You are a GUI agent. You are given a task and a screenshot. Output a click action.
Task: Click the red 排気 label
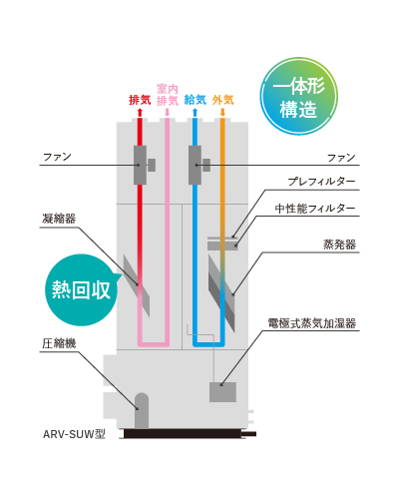[x=140, y=100]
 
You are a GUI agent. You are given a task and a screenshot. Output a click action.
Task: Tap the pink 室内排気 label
[x=168, y=95]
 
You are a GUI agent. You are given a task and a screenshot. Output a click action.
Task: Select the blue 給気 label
[x=196, y=100]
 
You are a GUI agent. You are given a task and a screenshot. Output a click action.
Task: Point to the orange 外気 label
[x=222, y=100]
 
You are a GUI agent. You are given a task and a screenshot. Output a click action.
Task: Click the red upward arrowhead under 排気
[x=140, y=112]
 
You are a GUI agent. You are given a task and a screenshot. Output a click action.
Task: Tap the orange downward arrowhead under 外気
[x=222, y=113]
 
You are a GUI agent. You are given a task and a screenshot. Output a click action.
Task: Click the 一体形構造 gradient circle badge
[x=298, y=96]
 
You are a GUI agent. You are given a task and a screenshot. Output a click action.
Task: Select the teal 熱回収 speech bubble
[x=81, y=289]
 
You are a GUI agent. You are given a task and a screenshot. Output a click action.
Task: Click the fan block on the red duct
[x=140, y=165]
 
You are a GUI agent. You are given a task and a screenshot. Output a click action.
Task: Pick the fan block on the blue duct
[x=195, y=165]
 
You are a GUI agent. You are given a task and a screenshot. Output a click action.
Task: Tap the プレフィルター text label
[x=321, y=182]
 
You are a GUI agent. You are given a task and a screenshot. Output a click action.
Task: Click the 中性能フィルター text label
[x=315, y=209]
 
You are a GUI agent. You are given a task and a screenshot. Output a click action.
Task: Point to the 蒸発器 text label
[x=339, y=245]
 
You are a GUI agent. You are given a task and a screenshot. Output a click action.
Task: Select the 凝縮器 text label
[x=59, y=219]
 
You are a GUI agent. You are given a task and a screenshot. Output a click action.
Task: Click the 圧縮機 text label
[x=59, y=343]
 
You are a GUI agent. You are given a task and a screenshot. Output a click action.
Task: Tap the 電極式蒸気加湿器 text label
[x=312, y=323]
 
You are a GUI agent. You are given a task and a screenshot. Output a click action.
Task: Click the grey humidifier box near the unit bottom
[x=222, y=392]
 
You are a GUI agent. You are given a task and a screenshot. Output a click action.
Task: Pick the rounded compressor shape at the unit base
[x=142, y=410]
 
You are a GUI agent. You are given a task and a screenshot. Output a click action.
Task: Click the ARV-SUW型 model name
[x=74, y=434]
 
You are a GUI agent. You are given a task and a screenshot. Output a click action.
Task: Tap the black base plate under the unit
[x=183, y=433]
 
